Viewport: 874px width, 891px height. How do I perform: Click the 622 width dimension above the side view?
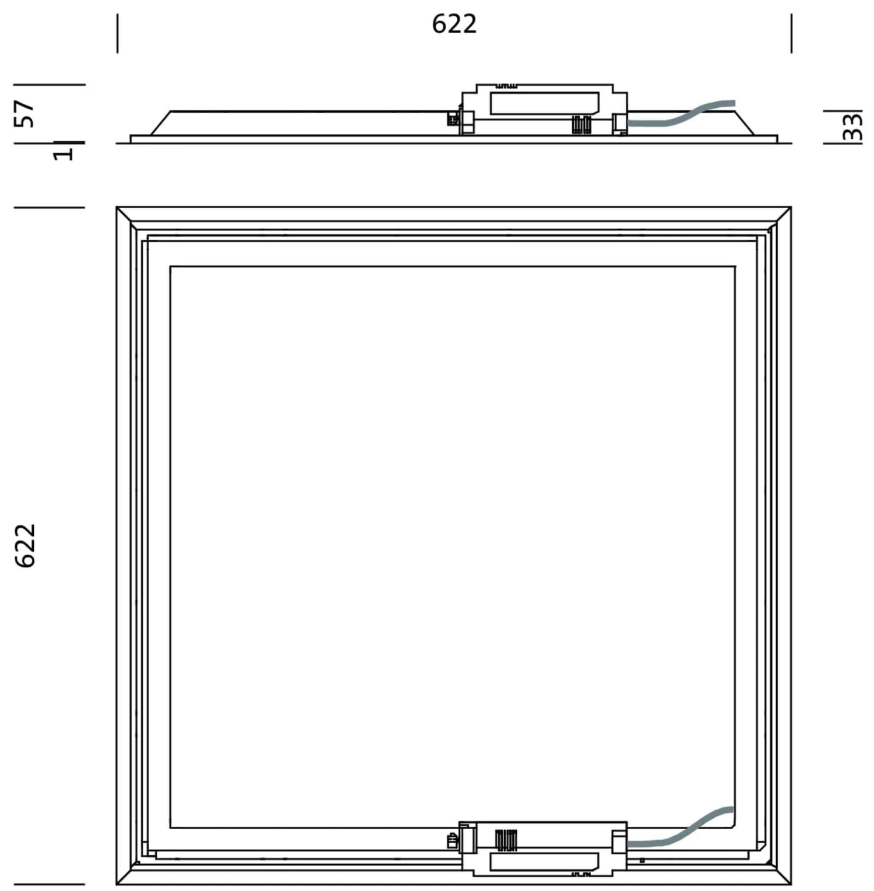454,24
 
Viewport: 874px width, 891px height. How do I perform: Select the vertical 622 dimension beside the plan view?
26,545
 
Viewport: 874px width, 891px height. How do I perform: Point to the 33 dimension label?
852,127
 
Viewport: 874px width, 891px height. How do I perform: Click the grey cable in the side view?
682,116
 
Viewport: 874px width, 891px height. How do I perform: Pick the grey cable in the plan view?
682,832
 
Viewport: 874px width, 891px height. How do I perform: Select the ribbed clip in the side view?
581,125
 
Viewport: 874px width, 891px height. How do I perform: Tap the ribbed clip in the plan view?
505,840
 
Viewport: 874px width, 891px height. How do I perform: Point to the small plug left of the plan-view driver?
452,841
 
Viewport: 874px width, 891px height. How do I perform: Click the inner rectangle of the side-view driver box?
544,103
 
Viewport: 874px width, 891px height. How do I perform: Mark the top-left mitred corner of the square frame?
126,216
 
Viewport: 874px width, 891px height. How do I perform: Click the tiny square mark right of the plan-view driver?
642,861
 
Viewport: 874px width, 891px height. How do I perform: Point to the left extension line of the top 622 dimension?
117,33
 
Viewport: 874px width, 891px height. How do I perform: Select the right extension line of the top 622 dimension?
791,33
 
